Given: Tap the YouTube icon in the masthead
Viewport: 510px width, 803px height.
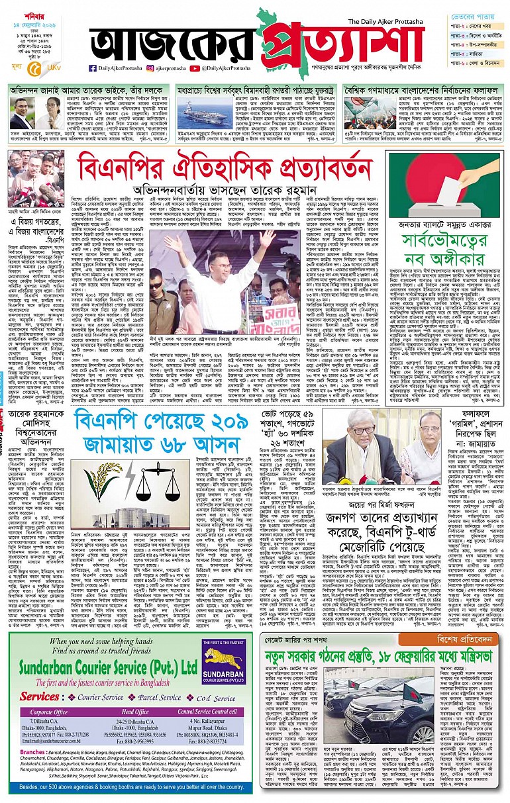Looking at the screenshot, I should click(x=194, y=68).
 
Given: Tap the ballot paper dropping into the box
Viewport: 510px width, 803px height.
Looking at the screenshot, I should click(x=465, y=184).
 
